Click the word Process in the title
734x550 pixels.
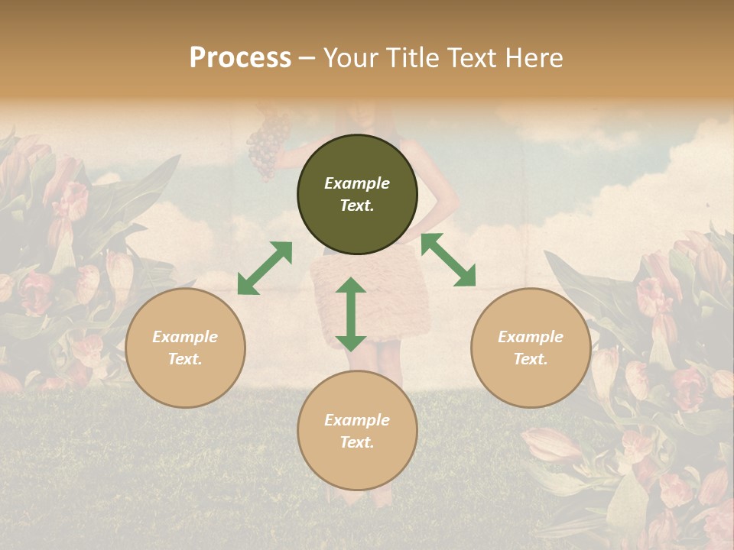pyautogui.click(x=240, y=58)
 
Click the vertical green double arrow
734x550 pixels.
pyautogui.click(x=351, y=314)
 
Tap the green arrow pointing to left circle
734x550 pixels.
pyautogui.click(x=265, y=268)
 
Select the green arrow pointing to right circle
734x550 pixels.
pyautogui.click(x=448, y=260)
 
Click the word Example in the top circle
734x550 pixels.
pyautogui.click(x=357, y=183)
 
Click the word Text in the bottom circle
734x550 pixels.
pyautogui.click(x=356, y=442)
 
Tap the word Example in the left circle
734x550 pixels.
pyautogui.click(x=185, y=337)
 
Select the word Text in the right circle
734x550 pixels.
pyautogui.click(x=530, y=359)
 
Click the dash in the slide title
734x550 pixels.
pyautogui.click(x=307, y=58)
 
